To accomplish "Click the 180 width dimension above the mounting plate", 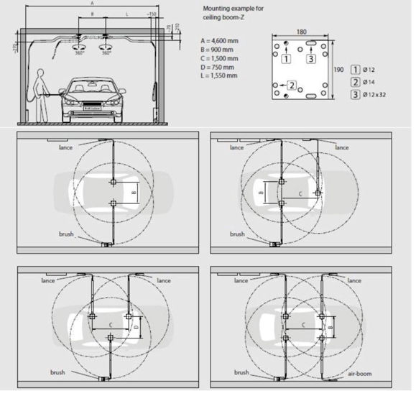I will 301,31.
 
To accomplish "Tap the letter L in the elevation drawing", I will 126,14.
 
